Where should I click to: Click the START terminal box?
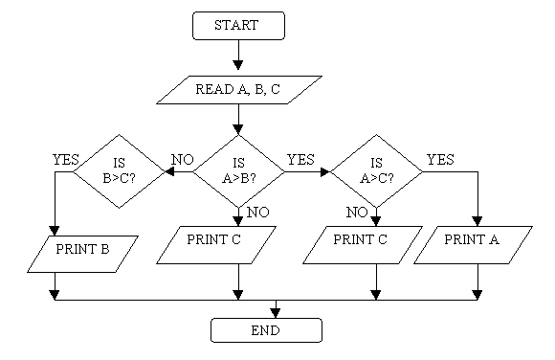click(238, 26)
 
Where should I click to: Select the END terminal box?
click(267, 330)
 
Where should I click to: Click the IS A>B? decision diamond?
click(238, 171)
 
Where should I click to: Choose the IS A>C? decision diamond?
click(376, 171)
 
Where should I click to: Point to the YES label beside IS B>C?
click(66, 159)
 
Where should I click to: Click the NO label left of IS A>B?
click(182, 159)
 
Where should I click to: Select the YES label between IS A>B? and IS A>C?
click(300, 159)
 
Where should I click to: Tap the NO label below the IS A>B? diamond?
click(256, 211)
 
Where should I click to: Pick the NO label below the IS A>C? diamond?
click(357, 212)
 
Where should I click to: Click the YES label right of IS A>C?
click(440, 159)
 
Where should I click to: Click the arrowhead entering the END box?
click(277, 312)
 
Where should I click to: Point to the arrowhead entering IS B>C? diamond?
click(168, 172)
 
